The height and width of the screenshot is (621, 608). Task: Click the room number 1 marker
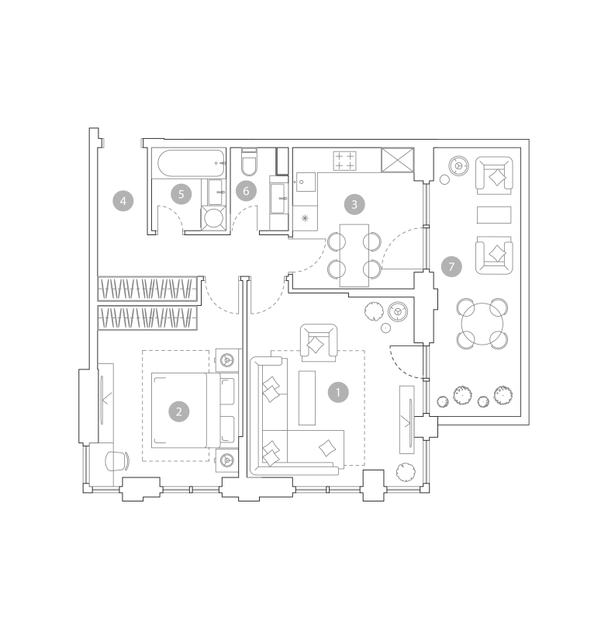pyautogui.click(x=338, y=393)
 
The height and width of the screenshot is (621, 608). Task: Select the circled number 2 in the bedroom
pyautogui.click(x=179, y=411)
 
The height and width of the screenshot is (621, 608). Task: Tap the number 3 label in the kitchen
pyautogui.click(x=354, y=204)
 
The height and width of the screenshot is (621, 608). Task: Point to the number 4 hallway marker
pyautogui.click(x=123, y=201)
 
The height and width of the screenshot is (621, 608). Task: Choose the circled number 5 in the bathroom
pyautogui.click(x=181, y=194)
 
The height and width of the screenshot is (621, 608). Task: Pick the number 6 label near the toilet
pyautogui.click(x=246, y=191)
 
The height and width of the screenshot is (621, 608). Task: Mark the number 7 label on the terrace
pyautogui.click(x=452, y=266)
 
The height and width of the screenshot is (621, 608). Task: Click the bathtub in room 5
pyautogui.click(x=192, y=163)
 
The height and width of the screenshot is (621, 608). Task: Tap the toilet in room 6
pyautogui.click(x=249, y=162)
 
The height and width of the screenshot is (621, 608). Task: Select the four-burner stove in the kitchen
pyautogui.click(x=344, y=161)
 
